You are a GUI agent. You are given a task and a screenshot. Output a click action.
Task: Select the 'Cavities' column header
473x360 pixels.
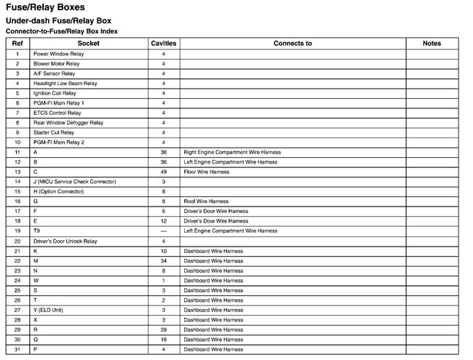[164, 44]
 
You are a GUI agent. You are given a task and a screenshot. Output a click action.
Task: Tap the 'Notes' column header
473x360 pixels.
[432, 44]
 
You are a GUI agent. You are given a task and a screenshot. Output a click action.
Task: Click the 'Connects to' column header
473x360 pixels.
[293, 44]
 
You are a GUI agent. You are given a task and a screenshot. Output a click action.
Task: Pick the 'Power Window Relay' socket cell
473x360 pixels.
[58, 54]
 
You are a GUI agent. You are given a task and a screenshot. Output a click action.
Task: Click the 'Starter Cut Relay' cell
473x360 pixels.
[54, 132]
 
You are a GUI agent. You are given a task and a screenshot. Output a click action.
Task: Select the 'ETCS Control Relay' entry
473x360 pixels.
[57, 113]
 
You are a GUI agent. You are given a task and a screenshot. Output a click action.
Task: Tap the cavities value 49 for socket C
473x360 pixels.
[164, 172]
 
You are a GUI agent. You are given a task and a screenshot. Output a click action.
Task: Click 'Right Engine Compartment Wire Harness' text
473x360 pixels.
[232, 152]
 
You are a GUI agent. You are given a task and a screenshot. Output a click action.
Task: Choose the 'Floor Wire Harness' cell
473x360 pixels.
[207, 172]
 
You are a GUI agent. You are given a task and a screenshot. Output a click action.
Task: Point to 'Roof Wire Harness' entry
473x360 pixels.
[206, 201]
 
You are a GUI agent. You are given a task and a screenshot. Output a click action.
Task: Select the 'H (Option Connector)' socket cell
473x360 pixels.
[59, 191]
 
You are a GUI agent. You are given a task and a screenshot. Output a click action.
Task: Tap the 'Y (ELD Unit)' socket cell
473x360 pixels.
[48, 310]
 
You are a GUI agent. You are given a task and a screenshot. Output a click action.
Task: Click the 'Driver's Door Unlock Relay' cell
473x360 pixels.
[65, 241]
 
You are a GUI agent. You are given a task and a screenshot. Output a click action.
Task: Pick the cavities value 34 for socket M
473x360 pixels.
[164, 260]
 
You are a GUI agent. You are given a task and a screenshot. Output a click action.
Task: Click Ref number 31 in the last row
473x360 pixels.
[17, 349]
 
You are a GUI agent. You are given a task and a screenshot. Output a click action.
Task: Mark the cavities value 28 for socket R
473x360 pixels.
[164, 329]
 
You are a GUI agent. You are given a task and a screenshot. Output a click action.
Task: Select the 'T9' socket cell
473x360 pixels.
[36, 231]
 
